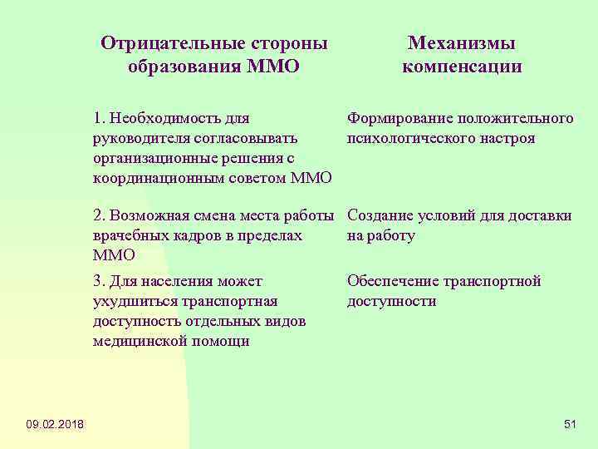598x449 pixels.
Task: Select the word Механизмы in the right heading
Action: (x=462, y=43)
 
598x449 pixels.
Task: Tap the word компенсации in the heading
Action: (x=462, y=67)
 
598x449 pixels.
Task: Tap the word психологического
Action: (x=411, y=138)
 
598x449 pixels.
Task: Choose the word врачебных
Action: (x=130, y=236)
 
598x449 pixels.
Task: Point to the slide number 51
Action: (x=570, y=426)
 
